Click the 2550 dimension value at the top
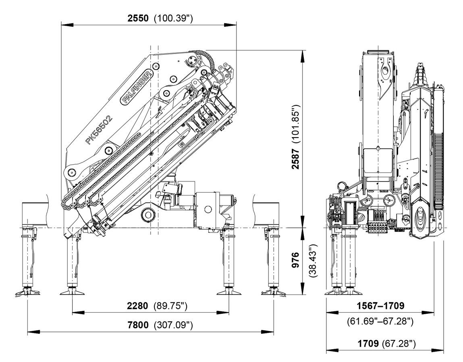(138, 18)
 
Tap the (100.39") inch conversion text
(173, 18)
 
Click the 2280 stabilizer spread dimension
(137, 306)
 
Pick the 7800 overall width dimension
(138, 325)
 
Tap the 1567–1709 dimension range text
(380, 306)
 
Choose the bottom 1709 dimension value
(368, 343)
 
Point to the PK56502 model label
(99, 130)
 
